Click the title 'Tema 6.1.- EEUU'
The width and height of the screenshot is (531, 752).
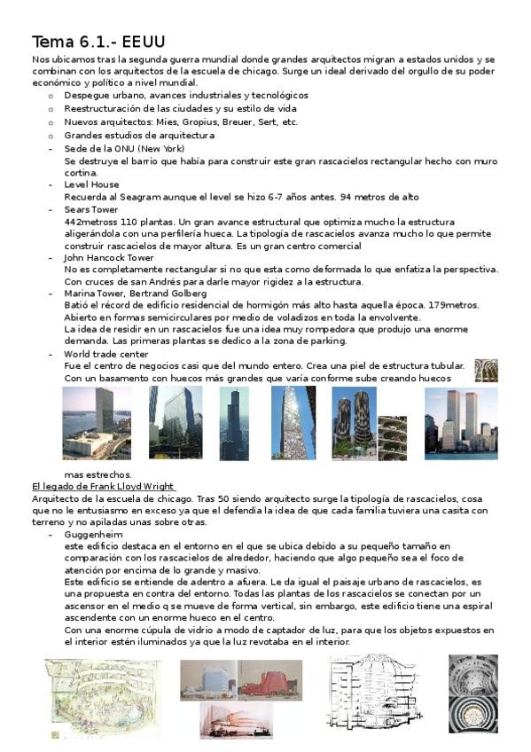[x=98, y=42]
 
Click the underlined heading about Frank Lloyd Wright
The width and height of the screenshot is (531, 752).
[x=103, y=487]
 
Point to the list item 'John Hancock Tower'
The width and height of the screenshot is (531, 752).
[x=108, y=257]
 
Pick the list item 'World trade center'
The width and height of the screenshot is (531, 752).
[x=106, y=354]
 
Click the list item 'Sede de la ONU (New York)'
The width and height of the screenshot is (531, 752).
[x=124, y=149]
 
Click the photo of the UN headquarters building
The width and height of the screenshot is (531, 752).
[x=96, y=422]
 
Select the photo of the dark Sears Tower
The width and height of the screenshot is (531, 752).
[x=233, y=423]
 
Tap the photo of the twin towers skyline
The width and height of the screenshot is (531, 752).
[x=460, y=423]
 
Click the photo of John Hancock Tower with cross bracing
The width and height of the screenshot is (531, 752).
[x=293, y=423]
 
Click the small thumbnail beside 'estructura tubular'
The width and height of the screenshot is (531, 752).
[x=486, y=370]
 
